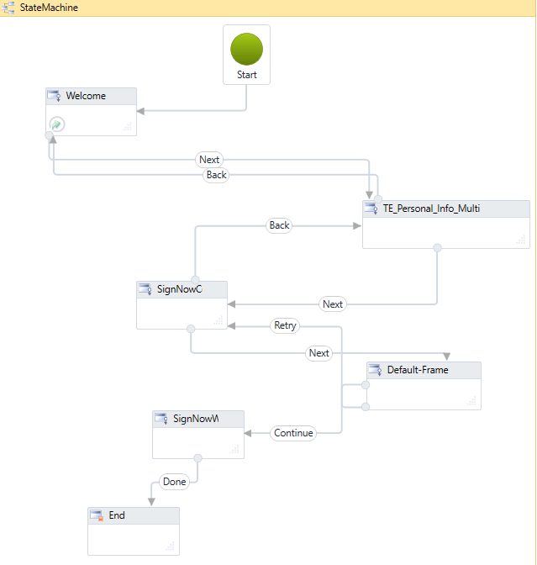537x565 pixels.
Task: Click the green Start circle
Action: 246,49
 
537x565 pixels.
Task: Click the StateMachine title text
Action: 49,8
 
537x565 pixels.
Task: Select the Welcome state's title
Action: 86,96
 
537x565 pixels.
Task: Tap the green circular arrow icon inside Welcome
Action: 56,124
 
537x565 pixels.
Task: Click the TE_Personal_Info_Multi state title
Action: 430,209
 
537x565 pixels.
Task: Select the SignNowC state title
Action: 179,289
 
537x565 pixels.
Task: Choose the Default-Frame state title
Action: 417,370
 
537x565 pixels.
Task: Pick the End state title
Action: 117,515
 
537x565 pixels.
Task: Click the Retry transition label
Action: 285,325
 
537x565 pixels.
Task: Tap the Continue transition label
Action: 293,433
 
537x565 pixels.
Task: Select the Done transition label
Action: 175,482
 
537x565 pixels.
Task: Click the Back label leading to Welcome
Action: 216,175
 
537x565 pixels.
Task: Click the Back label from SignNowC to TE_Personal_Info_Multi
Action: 279,225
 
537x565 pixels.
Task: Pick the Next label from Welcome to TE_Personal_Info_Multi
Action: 209,160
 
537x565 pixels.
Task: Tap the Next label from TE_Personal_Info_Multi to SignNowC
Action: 333,304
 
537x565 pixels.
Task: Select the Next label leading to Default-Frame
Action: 319,353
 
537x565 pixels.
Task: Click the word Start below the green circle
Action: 246,75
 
